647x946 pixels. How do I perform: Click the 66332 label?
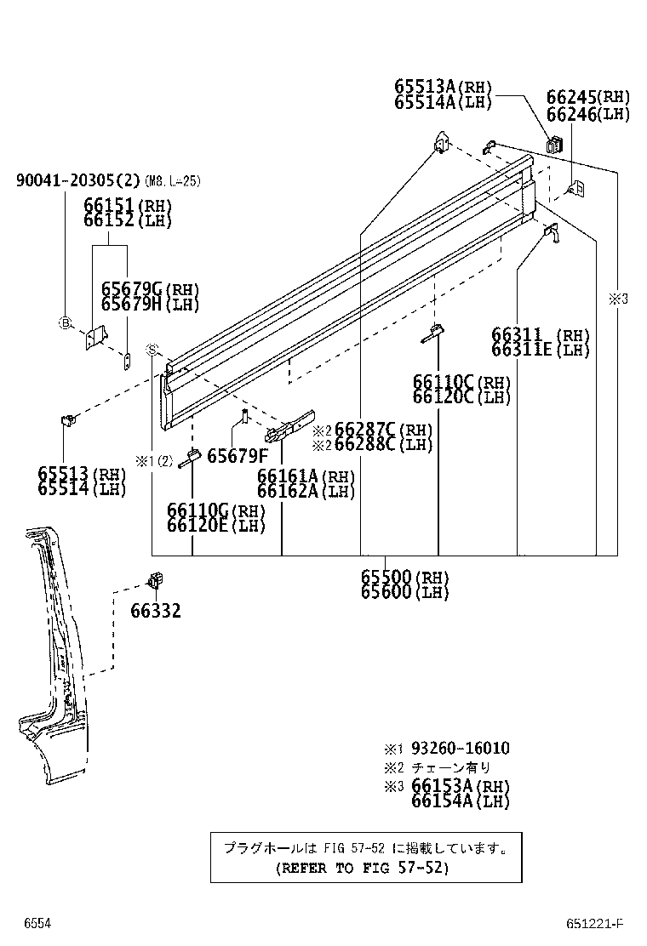(155, 610)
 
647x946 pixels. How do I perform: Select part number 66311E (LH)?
(540, 350)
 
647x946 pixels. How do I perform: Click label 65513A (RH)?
(443, 87)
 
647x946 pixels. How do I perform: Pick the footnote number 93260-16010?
(460, 749)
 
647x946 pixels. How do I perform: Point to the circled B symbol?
(64, 322)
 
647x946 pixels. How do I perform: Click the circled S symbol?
(152, 350)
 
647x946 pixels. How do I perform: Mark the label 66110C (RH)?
(461, 382)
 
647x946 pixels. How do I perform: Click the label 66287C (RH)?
(383, 430)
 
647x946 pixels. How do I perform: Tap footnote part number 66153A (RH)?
(460, 786)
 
